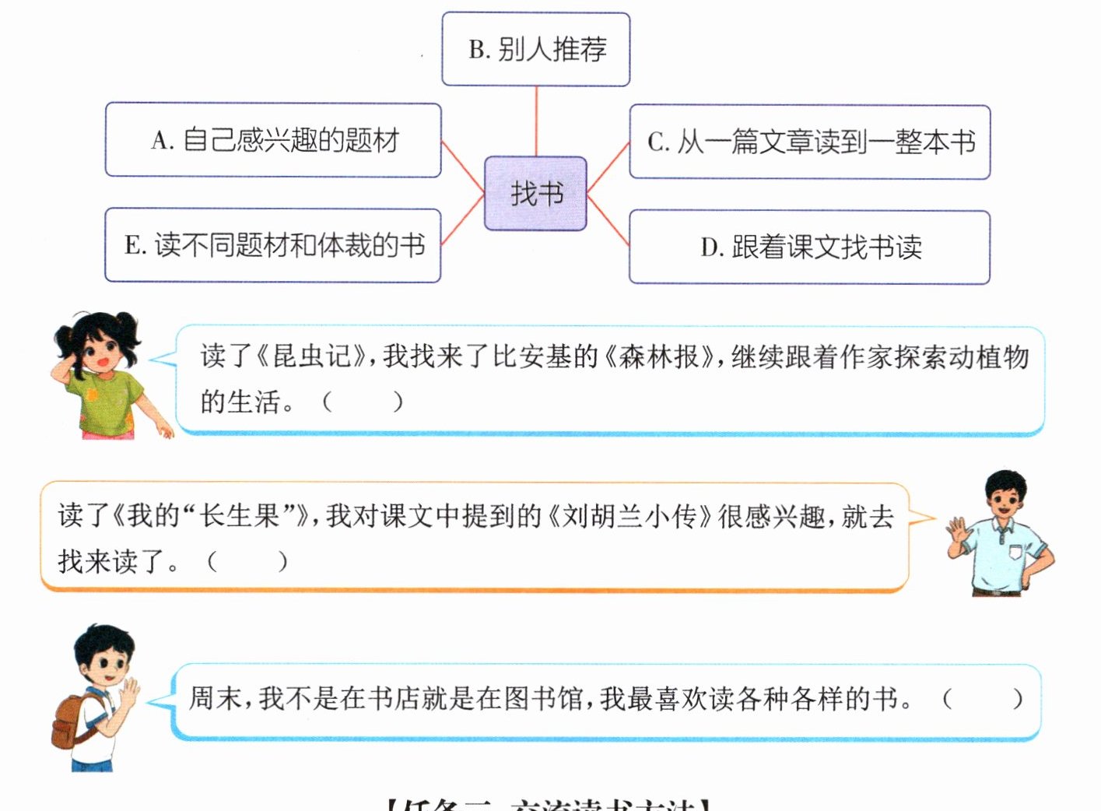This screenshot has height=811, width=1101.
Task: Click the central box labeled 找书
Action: tap(535, 193)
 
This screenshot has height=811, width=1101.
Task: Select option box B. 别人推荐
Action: tap(535, 49)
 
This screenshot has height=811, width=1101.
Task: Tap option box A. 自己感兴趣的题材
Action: tap(273, 140)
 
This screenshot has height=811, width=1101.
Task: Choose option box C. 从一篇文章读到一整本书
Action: tap(809, 142)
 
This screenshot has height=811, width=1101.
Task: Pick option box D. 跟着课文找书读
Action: tap(809, 247)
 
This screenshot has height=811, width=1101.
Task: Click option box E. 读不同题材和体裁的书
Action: tap(273, 245)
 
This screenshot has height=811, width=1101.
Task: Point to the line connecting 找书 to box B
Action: tap(536, 121)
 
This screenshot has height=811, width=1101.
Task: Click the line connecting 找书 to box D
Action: tap(608, 221)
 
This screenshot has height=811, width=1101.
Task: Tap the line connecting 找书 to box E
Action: tap(463, 220)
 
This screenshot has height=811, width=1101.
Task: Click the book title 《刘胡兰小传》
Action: tap(630, 516)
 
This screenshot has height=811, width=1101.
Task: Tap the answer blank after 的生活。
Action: tap(362, 402)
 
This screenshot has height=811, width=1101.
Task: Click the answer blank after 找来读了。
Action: tap(247, 561)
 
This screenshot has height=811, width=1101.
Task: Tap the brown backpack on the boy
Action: tap(74, 720)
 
